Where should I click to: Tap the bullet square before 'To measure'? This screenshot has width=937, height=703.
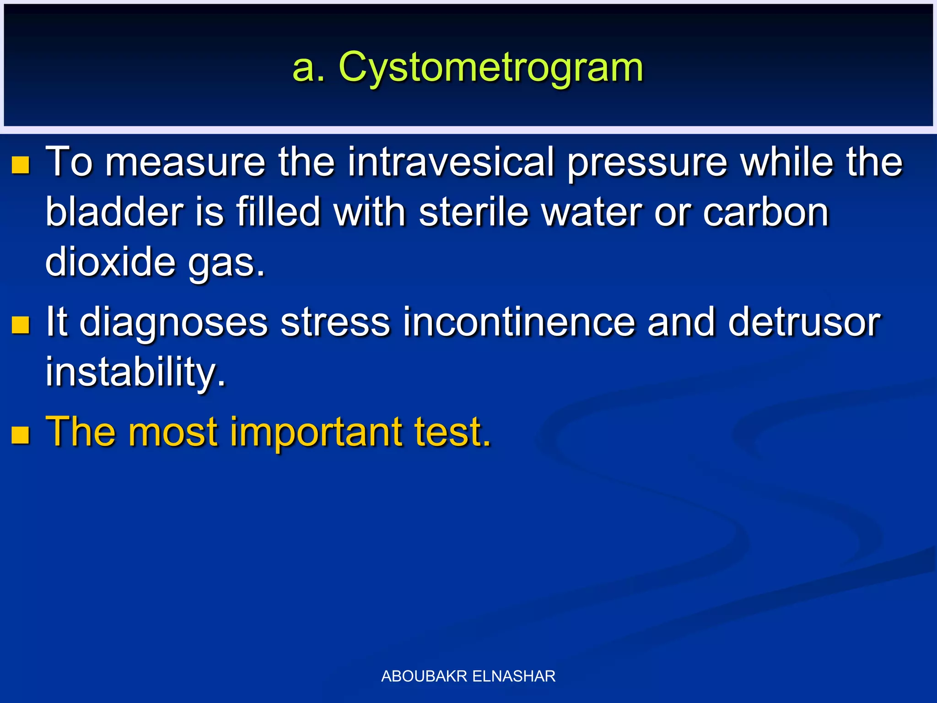tap(21, 165)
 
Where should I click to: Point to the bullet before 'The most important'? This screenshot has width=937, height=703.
tap(21, 435)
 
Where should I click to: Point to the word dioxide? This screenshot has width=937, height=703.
tap(110, 262)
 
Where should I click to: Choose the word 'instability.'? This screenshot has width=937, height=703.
tap(135, 372)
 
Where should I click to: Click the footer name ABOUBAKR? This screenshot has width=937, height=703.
tap(424, 676)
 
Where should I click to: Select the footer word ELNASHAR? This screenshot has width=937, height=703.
tap(514, 676)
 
